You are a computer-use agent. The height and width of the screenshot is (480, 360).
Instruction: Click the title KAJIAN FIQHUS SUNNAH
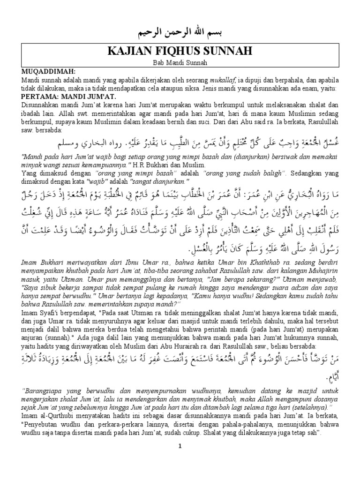tap(180, 51)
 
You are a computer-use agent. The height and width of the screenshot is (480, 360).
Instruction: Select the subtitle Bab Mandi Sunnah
tap(180, 62)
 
